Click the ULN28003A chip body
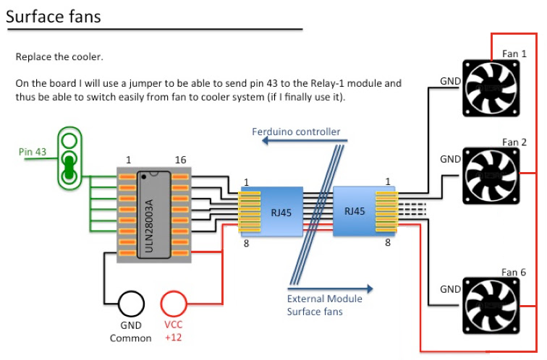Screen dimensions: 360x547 pos(153,214)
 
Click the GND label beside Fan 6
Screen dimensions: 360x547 pos(450,289)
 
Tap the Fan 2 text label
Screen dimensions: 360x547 pos(514,142)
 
